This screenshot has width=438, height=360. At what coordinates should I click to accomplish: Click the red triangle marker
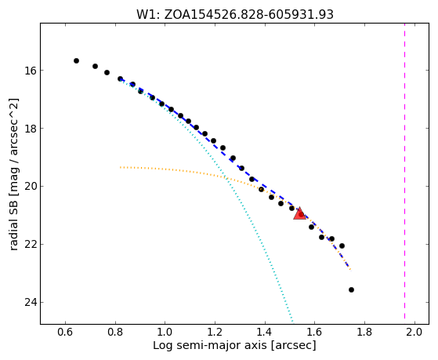click(x=299, y=214)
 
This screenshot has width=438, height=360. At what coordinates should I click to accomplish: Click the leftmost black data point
click(x=76, y=60)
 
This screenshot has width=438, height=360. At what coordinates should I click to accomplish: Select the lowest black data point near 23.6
click(x=351, y=289)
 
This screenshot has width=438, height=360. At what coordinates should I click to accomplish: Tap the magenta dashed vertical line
click(x=404, y=173)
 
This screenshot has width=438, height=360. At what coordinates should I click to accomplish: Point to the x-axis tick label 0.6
click(x=65, y=332)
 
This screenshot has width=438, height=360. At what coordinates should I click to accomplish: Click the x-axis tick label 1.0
click(x=165, y=332)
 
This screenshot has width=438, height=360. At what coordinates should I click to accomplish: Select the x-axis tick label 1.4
click(x=265, y=332)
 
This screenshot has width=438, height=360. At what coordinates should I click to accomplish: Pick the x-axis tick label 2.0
click(x=414, y=332)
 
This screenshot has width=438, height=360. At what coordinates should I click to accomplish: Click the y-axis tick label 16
click(x=31, y=71)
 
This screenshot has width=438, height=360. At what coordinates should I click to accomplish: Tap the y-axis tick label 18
click(x=31, y=129)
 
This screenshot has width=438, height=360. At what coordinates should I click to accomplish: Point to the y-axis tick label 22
click(x=31, y=245)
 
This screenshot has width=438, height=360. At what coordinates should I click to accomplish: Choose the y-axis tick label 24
click(x=31, y=303)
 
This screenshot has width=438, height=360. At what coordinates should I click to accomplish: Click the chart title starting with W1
click(x=235, y=14)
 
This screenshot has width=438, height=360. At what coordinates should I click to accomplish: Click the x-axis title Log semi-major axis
click(x=234, y=345)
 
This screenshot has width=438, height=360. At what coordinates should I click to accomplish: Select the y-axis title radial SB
click(x=13, y=174)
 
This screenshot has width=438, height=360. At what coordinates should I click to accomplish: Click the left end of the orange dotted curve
click(x=121, y=167)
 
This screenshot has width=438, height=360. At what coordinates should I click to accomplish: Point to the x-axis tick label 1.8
click(x=364, y=332)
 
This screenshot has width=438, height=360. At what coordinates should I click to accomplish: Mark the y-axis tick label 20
click(x=31, y=187)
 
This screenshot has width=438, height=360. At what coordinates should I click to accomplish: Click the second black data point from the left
click(x=95, y=67)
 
